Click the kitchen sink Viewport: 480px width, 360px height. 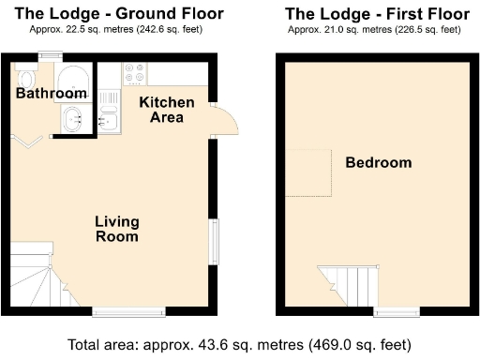pos(109,117)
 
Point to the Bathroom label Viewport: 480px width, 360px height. pos(52,94)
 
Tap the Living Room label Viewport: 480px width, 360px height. pos(117,229)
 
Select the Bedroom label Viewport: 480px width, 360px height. pos(378,163)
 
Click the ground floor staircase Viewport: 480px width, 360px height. pos(36,277)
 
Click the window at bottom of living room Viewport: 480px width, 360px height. pos(123,312)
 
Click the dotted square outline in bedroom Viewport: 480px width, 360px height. pos(309,172)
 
